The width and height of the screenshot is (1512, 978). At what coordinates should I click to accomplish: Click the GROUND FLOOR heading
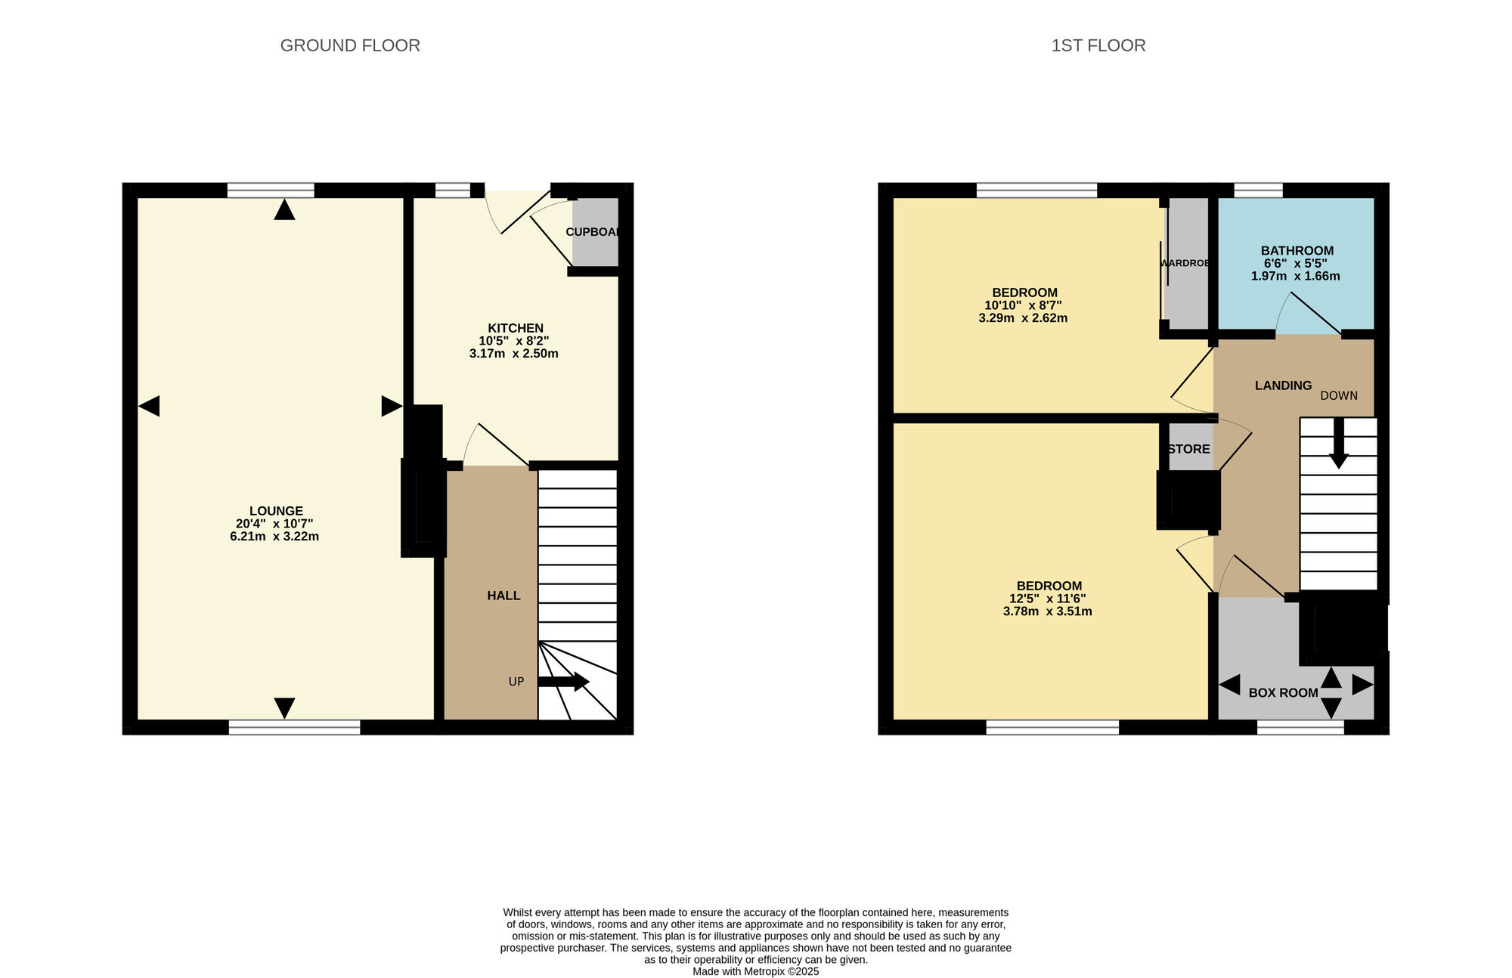click(350, 45)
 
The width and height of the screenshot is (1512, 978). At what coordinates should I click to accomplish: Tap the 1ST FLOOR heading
click(1098, 45)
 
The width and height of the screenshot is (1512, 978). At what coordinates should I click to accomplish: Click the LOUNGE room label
click(276, 511)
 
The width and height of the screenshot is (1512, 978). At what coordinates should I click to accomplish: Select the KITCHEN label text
click(515, 328)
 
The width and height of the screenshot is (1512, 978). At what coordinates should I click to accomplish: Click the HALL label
click(503, 596)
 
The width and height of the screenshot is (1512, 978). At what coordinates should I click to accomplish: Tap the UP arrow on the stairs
click(564, 681)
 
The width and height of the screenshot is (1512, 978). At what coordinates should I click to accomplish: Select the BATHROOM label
click(1297, 251)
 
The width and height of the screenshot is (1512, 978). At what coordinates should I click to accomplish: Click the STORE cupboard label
click(1188, 449)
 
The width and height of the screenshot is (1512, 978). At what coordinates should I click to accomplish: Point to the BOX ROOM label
click(1283, 692)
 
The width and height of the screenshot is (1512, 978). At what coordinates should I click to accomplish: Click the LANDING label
click(1283, 385)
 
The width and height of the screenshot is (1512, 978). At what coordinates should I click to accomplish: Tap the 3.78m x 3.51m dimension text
click(1047, 611)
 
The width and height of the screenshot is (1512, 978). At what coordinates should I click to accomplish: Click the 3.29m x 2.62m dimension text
click(1023, 318)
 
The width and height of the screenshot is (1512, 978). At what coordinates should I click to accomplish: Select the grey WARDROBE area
click(1187, 263)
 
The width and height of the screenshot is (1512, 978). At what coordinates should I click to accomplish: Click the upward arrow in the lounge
click(284, 209)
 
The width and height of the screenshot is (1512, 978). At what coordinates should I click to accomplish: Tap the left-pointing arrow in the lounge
click(149, 406)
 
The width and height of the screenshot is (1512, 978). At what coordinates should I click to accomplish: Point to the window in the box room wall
click(1300, 727)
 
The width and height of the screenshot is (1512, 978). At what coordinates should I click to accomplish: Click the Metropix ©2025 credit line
click(755, 972)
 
